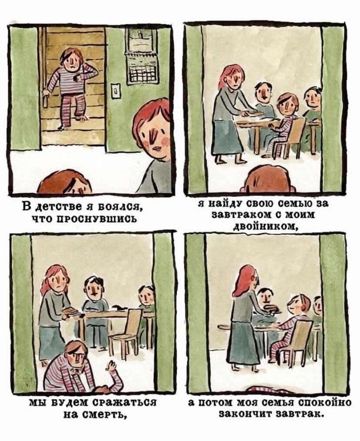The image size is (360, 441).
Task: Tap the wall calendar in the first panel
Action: [142, 56]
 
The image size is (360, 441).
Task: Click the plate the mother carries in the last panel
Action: [271, 308]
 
